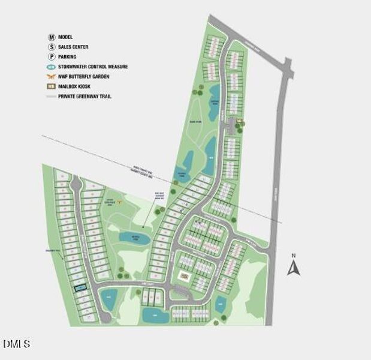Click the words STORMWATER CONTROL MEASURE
click(93, 67)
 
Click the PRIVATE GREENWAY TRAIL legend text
click(85, 96)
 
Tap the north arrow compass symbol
click(293, 265)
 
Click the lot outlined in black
click(80, 288)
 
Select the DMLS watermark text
click(16, 344)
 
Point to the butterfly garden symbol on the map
click(119, 202)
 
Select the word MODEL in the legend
click(66, 37)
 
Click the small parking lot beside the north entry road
click(240, 124)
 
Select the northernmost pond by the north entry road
click(215, 92)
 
